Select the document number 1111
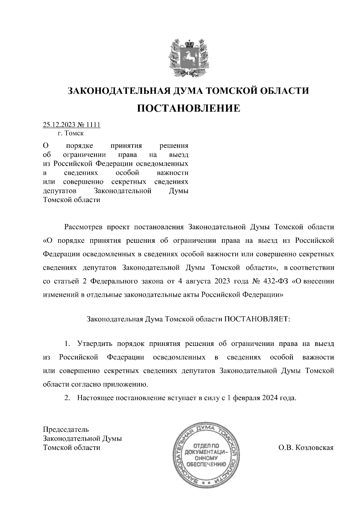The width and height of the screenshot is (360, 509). [93, 125]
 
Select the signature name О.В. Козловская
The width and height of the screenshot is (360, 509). [306, 448]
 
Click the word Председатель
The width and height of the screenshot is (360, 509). [66, 430]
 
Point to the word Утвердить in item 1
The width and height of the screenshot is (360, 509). [95, 344]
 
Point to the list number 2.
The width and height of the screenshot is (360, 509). [67, 398]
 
